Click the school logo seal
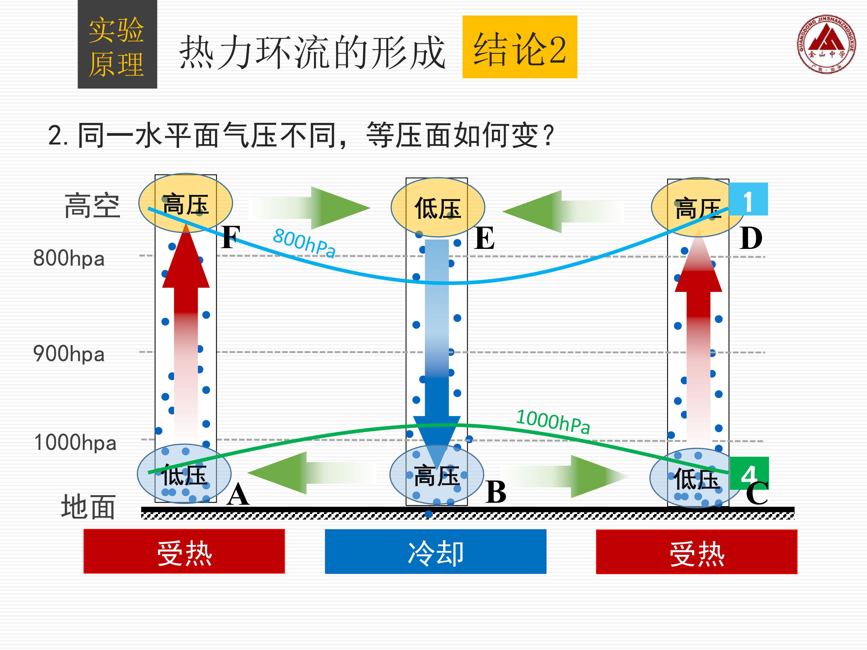826,44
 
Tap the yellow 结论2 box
520,47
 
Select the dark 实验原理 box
117,44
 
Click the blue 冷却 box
436,551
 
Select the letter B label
496,492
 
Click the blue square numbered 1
748,199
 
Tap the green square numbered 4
749,473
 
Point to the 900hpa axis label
69,354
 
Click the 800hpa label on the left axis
69,258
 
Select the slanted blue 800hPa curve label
304,243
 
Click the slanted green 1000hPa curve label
553,422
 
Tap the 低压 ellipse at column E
438,207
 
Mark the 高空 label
92,206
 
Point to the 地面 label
88,506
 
